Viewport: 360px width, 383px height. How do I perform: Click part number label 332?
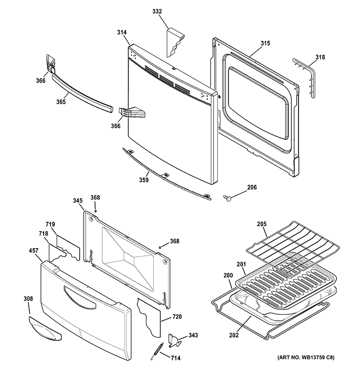pyautogui.click(x=157, y=12)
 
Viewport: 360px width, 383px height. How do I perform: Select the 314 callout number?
pyautogui.click(x=121, y=32)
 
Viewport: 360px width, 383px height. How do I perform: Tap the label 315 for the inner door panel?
pyautogui.click(x=265, y=43)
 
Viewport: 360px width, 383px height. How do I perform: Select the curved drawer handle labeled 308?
pyautogui.click(x=45, y=329)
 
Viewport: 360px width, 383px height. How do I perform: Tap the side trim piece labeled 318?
pyautogui.click(x=304, y=77)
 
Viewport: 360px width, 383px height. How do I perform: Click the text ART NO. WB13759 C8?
pyautogui.click(x=306, y=358)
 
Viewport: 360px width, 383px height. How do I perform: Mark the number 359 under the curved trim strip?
pyautogui.click(x=144, y=180)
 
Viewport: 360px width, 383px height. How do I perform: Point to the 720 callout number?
pyautogui.click(x=177, y=317)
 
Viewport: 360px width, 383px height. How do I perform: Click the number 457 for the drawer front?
pyautogui.click(x=34, y=251)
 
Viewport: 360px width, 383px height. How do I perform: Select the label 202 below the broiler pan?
pyautogui.click(x=234, y=335)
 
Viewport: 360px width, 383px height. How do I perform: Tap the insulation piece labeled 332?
pyautogui.click(x=175, y=43)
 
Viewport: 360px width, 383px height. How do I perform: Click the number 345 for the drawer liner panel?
pyautogui.click(x=78, y=201)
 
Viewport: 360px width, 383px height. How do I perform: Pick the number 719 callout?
pyautogui.click(x=50, y=225)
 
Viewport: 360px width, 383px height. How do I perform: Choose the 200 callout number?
pyautogui.click(x=228, y=275)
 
